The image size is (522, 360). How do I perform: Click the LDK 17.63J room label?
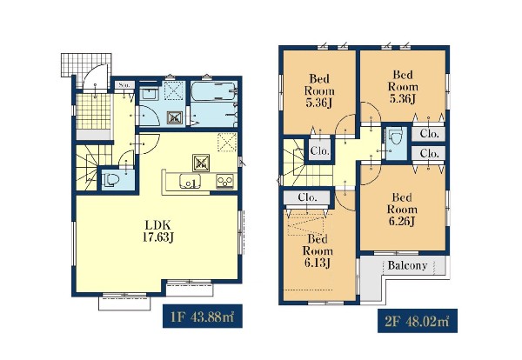pos(157,231)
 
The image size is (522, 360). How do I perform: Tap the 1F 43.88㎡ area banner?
pos(203,316)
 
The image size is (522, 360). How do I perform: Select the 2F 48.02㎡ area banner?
pos(417,321)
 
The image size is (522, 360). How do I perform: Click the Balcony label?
pos(407,265)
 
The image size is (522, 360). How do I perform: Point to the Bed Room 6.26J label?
pos(402,210)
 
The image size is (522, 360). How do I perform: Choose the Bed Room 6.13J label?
pos(318,250)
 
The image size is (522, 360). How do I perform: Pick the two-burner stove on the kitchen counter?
pos(225,182)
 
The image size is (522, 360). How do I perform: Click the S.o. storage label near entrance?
pos(124,85)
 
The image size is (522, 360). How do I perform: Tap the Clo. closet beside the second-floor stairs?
pos(319,150)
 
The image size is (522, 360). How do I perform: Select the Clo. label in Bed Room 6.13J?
pos(308,197)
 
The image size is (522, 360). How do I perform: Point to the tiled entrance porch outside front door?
pos(85,65)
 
